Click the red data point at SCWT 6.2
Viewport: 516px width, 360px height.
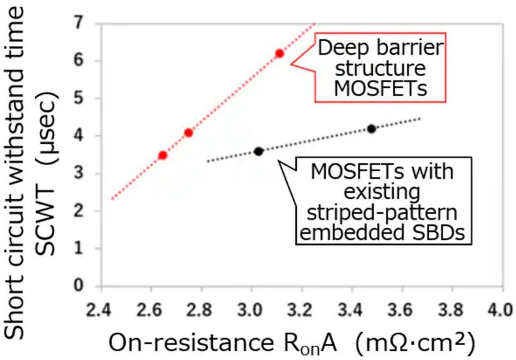279,54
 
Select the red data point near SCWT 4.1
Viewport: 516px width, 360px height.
188,133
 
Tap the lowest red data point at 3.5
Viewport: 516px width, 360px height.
163,155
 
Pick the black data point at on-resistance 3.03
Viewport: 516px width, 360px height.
259,152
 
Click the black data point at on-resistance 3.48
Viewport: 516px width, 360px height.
372,129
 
